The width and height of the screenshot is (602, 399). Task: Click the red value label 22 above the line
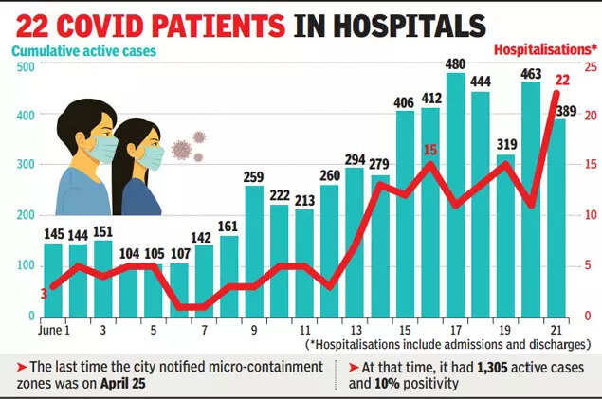click(561, 81)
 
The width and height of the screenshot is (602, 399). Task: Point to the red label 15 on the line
click(429, 149)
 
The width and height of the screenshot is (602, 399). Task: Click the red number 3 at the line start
click(44, 295)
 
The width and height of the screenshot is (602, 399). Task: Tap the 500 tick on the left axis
click(25, 67)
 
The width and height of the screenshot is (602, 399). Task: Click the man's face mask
click(102, 151)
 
